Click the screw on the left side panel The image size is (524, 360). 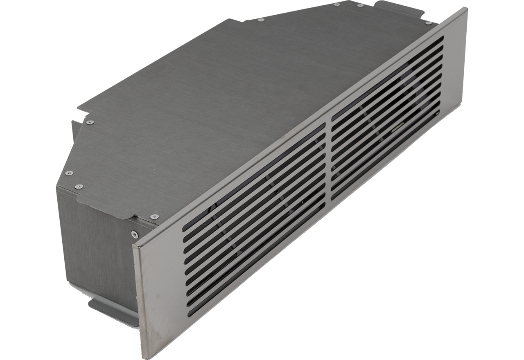click(x=134, y=234)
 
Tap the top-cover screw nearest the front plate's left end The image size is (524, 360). click(x=154, y=216)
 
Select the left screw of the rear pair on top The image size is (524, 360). click(x=337, y=4)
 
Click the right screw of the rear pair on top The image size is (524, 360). click(x=360, y=5)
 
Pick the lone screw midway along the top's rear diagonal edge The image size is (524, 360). click(x=261, y=20)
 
